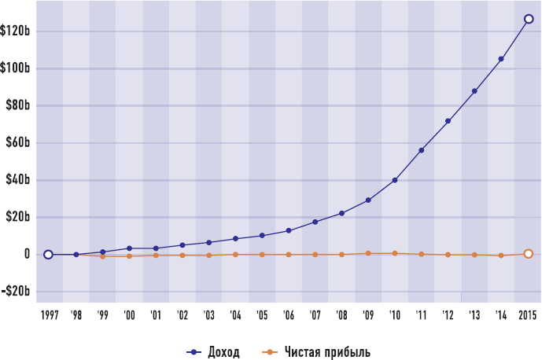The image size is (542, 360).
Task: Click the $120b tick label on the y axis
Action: [x=16, y=31]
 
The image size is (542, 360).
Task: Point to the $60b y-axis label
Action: [x=18, y=143]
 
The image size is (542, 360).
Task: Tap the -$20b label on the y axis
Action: [x=16, y=292]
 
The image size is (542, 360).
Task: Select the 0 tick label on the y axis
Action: [x=27, y=255]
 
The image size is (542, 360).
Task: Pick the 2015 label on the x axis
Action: [x=528, y=315]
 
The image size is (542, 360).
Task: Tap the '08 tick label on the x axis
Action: [x=341, y=315]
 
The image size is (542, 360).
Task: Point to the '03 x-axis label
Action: [x=208, y=315]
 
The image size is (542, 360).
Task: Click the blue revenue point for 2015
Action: [x=529, y=20]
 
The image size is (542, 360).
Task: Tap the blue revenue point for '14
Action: [x=501, y=59]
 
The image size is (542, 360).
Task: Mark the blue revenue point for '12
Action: [x=448, y=121]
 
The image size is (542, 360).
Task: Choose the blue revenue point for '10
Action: [x=394, y=180]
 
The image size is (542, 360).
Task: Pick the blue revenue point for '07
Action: [x=315, y=222]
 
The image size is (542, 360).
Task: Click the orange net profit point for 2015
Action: [x=529, y=253]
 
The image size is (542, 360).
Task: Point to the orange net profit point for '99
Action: [x=102, y=256]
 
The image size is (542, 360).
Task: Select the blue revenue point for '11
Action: [x=422, y=150]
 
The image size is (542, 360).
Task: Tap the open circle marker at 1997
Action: [x=48, y=255]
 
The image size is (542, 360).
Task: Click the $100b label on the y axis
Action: [x=16, y=68]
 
